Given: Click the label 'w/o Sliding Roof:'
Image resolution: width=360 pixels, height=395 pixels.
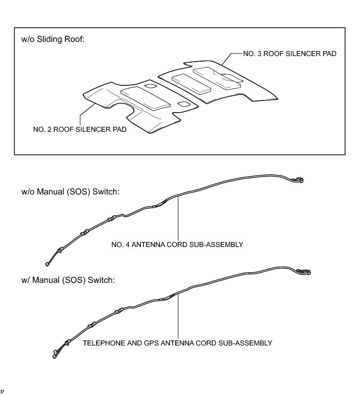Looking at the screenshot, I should click(53, 39).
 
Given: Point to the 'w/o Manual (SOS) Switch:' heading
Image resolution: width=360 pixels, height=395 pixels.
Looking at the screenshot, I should click(70, 192).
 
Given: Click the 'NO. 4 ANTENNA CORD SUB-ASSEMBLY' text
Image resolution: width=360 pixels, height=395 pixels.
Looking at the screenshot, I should click(177, 244).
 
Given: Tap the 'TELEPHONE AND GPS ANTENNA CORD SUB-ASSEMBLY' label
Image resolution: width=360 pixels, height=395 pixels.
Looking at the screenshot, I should click(177, 342).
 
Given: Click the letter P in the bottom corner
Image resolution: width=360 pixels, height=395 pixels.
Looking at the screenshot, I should click(3, 391).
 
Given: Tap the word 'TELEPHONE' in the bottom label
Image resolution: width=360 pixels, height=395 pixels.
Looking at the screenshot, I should click(102, 342).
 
